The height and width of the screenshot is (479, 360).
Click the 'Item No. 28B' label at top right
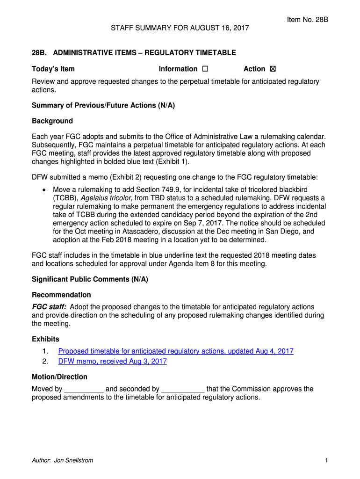308,20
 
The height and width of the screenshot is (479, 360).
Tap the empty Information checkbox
205,69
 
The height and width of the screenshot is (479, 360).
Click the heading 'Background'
52,121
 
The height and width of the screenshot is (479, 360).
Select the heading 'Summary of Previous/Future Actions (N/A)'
103,105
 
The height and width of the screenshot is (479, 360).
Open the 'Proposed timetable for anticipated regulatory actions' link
176,351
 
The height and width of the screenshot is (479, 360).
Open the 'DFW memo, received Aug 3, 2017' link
113,362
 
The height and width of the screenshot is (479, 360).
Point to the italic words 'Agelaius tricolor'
107,198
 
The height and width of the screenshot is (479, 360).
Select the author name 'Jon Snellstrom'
73,460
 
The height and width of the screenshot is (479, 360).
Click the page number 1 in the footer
326,460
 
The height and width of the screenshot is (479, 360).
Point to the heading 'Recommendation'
61,295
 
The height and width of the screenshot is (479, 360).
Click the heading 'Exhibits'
45,339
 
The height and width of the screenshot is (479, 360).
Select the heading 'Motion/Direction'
59,377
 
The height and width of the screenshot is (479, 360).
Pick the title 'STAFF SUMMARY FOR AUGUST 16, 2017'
180,29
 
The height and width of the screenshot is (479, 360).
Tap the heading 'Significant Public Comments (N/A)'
90,279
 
